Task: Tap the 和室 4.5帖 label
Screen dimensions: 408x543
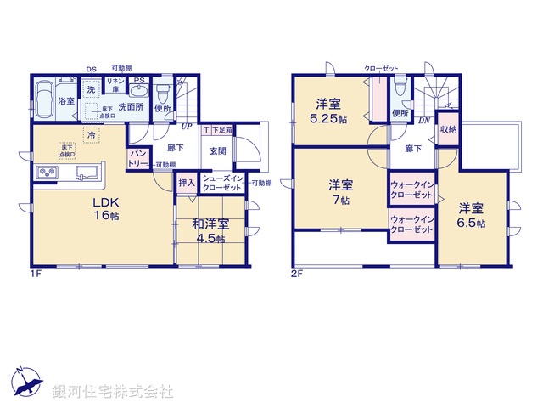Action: point(209,231)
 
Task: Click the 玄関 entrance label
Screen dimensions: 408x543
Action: point(217,151)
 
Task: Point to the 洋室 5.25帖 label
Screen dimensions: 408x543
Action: point(331,110)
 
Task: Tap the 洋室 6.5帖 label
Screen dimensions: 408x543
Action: point(473,215)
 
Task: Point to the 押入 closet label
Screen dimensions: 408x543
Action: point(187,182)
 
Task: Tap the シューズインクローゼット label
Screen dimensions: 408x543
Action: point(225,182)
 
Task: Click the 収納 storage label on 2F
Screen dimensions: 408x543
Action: point(448,129)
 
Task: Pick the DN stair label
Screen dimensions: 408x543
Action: point(423,122)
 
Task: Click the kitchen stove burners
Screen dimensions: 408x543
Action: point(47,174)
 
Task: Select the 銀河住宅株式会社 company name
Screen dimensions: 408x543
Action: point(113,392)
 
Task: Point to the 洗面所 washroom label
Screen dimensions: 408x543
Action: point(131,107)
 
